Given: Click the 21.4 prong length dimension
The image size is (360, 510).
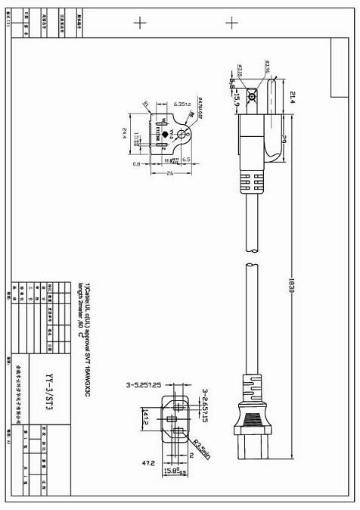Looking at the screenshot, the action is coord(293,97).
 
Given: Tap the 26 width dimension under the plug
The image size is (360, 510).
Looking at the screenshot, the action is coord(171,173).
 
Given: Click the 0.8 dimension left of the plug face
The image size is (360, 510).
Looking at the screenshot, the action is coord(137,163).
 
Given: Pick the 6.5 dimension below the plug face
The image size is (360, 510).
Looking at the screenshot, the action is coord(185,160).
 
